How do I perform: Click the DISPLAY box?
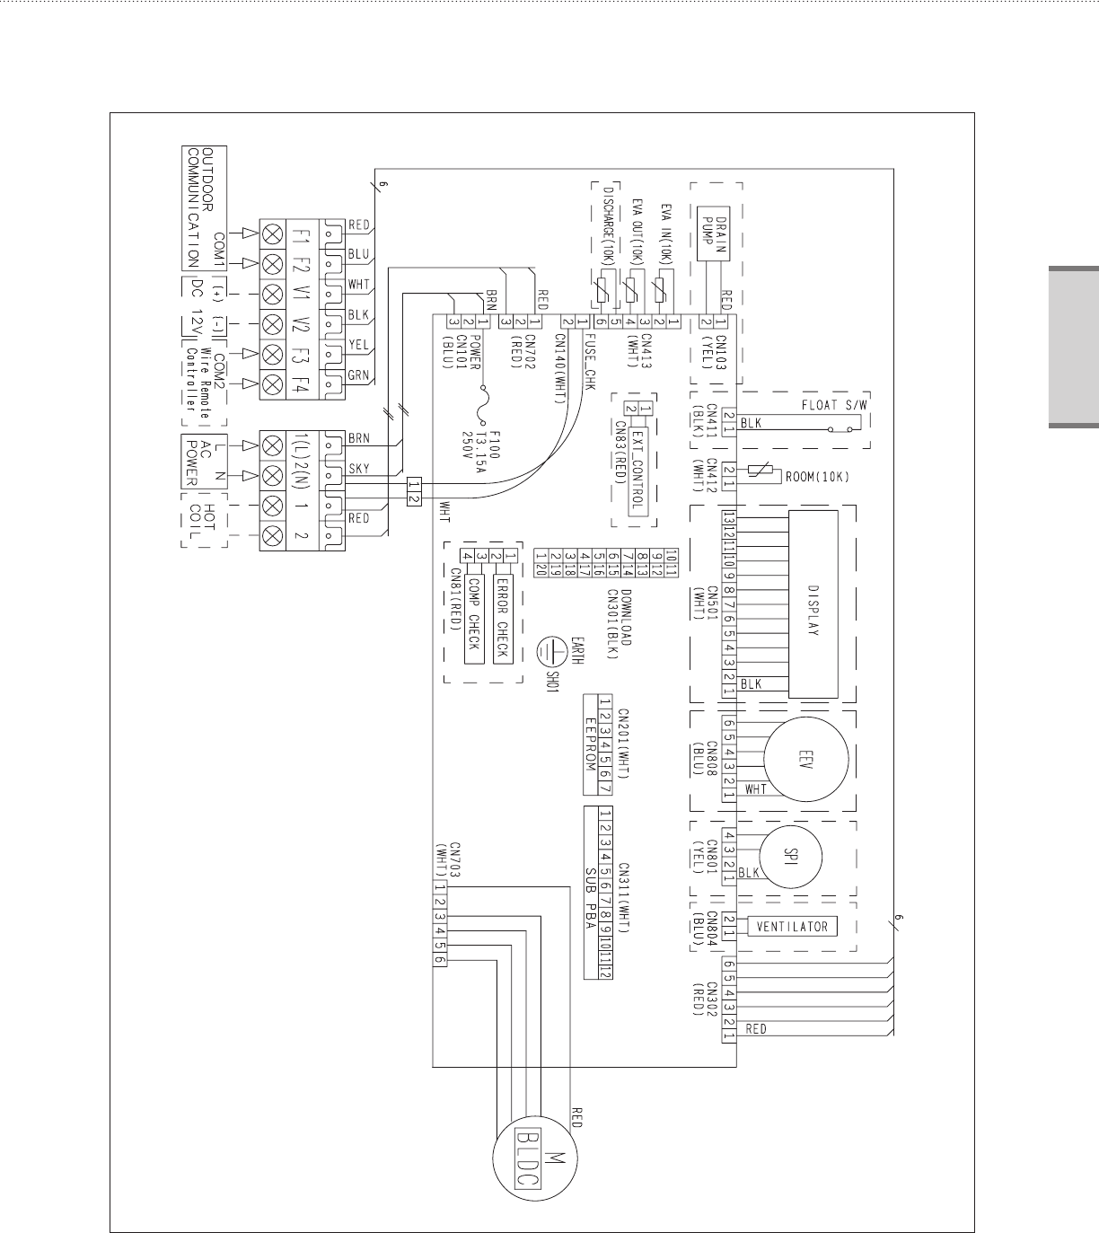(x=813, y=603)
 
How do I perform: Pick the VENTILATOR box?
(x=792, y=926)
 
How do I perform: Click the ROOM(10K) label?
(x=817, y=476)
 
